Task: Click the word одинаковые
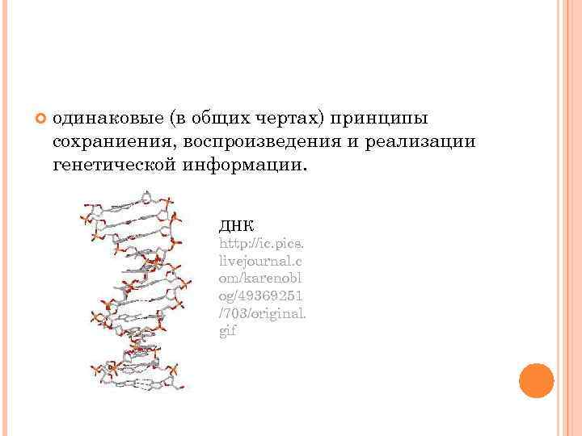coord(108,119)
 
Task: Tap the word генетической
coord(119,166)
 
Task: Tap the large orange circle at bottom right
coord(536,379)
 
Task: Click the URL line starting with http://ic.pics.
coord(260,242)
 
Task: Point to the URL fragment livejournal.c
coord(261,260)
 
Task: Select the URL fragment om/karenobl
coord(261,278)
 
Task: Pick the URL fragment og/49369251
coord(260,296)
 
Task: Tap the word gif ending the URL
coord(228,331)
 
